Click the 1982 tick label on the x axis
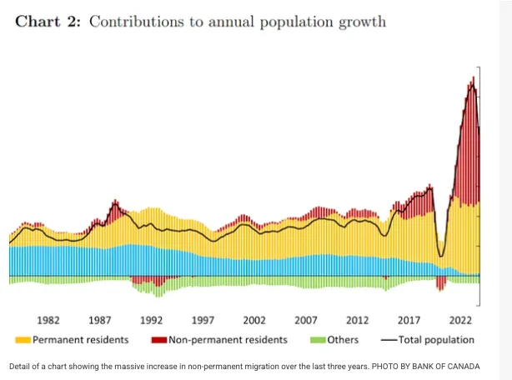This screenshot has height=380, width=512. pos(48,320)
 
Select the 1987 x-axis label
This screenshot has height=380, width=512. pos(100,320)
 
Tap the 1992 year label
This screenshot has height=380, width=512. pos(152,320)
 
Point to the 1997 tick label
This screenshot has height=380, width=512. pos(203,320)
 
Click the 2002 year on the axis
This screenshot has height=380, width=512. pos(254,320)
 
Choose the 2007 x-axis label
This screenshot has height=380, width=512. pos(306,320)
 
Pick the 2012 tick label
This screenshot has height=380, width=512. pos(358,320)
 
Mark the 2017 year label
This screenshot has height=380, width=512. pos(409,320)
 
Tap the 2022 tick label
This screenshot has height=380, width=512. pos(460,320)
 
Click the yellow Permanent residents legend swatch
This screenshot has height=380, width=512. pos(23,340)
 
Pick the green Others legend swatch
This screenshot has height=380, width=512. pos(316,340)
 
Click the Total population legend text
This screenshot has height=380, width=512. pos(436,340)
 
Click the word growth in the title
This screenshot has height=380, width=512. pos(359,22)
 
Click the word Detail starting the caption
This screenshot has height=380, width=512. pos(22,366)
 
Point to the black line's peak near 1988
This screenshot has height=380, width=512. pos(115,201)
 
